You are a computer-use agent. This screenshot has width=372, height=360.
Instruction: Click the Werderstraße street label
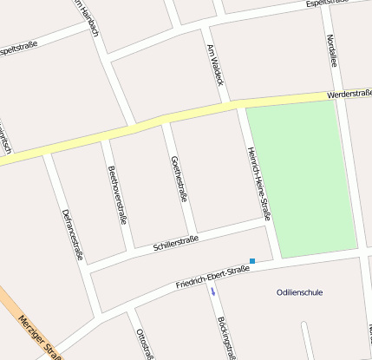[349, 93]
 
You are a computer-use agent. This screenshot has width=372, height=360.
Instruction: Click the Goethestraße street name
[179, 178]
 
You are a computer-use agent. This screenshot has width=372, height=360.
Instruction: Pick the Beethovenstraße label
[117, 195]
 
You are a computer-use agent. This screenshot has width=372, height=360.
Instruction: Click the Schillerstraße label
[176, 243]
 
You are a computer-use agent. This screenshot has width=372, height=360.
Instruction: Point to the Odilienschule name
[299, 292]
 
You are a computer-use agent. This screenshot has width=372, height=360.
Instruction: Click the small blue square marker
[252, 260]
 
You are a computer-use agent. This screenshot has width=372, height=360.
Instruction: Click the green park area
[302, 178]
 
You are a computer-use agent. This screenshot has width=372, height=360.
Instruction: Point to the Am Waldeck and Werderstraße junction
[236, 103]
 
